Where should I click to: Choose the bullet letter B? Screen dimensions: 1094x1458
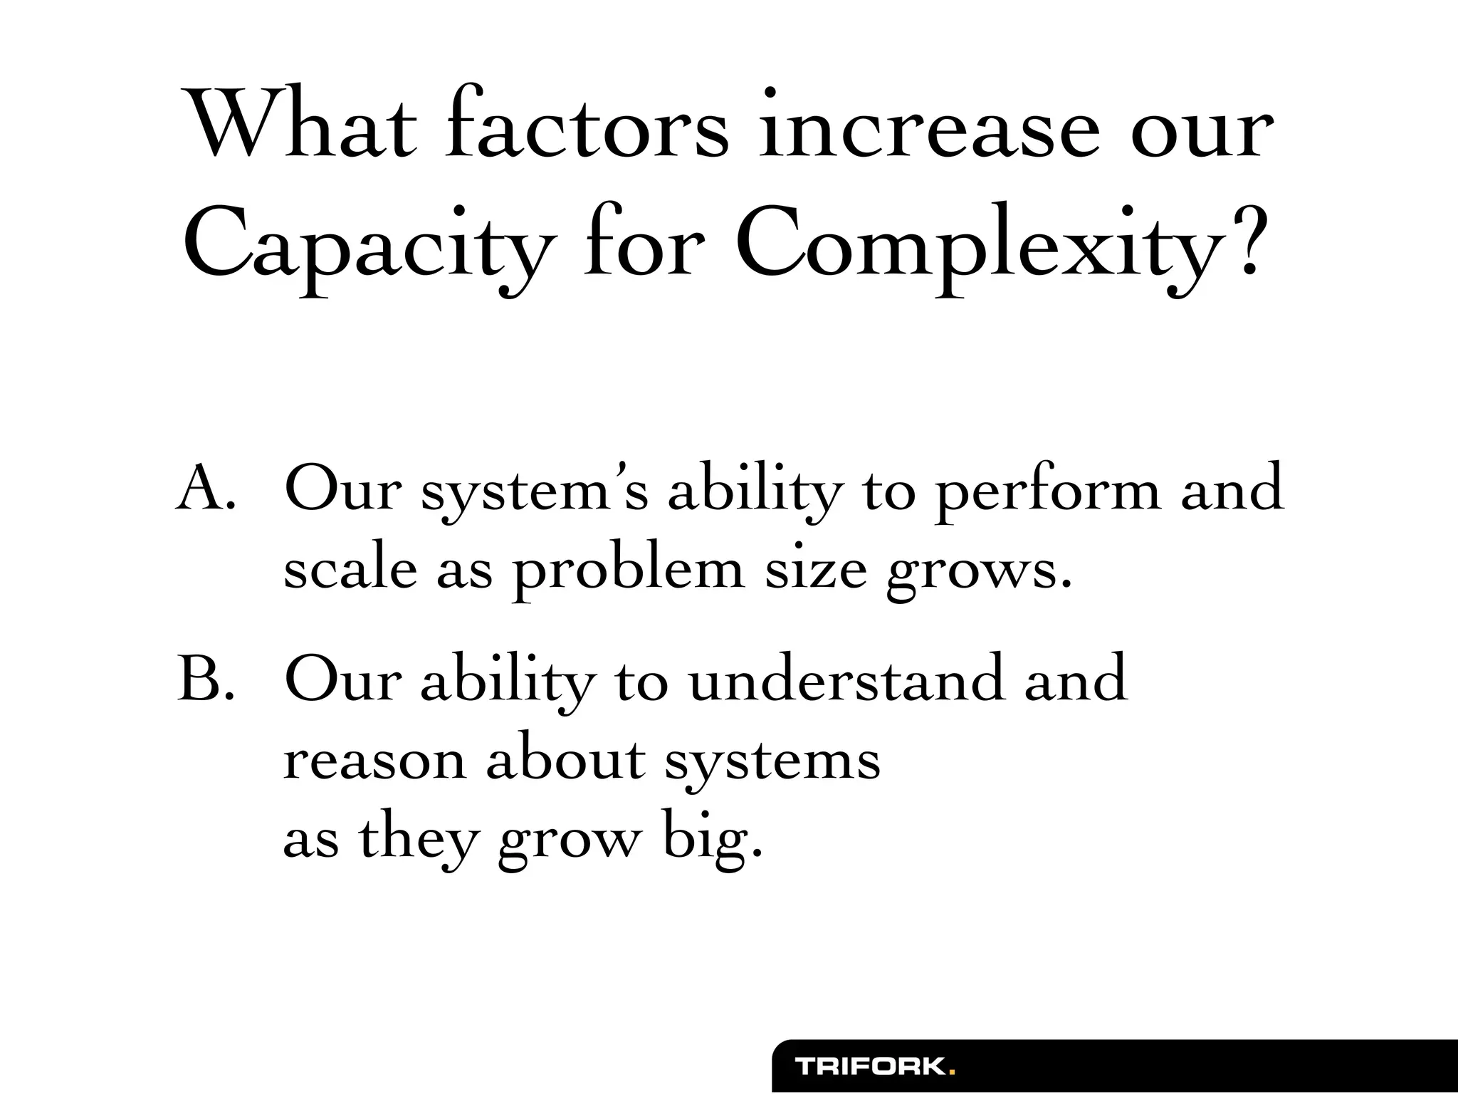205,679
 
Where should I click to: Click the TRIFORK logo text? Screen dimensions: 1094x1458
870,1066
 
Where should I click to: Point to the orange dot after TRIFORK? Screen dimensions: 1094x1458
953,1072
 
